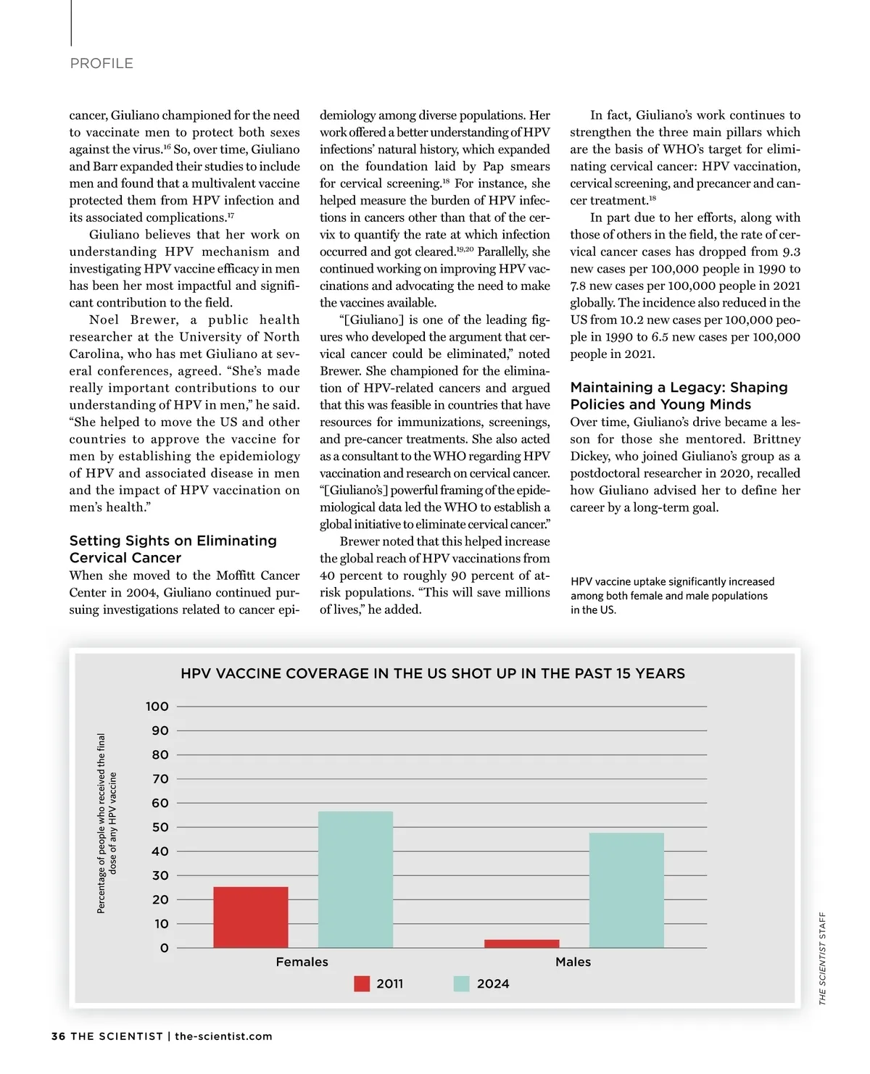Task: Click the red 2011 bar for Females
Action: (x=251, y=917)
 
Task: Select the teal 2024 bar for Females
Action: (x=355, y=879)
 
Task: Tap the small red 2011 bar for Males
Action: (x=521, y=944)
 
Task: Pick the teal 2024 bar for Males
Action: (x=626, y=890)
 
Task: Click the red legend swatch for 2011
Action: (x=362, y=983)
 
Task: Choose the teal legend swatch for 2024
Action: (x=462, y=983)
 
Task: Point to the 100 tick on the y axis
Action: (x=157, y=707)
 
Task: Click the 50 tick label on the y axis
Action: (x=159, y=828)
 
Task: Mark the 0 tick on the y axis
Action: (x=164, y=948)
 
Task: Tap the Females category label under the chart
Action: (x=302, y=962)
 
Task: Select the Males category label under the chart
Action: (x=573, y=962)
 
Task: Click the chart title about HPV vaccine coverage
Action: (x=433, y=673)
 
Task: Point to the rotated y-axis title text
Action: (x=107, y=823)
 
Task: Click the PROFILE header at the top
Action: (x=101, y=64)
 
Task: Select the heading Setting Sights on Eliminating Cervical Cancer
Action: (x=173, y=549)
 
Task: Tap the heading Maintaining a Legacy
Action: (x=679, y=396)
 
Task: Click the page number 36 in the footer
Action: (x=58, y=1036)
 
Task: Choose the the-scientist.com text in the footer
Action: (x=223, y=1036)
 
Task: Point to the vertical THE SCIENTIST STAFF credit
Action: (x=822, y=958)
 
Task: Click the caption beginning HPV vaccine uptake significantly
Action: (x=672, y=596)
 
